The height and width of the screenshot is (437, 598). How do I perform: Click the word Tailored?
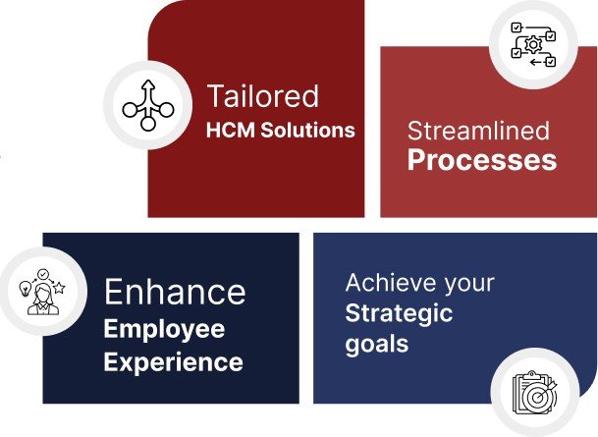263,96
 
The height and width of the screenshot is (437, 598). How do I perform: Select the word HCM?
231,130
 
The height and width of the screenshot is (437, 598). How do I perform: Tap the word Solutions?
307,130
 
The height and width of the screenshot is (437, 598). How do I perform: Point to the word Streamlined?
478,131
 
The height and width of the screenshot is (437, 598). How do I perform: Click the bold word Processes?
482,159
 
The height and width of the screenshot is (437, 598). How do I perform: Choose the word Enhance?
175,292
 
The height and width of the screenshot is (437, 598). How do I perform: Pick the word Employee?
164,330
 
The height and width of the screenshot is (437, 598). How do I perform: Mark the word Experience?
173,361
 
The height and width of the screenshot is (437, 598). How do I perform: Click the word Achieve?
390,283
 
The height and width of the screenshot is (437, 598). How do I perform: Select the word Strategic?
399,314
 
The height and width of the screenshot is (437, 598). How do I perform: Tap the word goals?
377,345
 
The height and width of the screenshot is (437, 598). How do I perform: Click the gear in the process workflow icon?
533,44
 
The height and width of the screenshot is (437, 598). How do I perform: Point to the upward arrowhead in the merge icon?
148,84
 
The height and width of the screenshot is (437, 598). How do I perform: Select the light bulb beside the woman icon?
26,289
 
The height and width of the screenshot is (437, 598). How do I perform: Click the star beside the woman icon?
59,288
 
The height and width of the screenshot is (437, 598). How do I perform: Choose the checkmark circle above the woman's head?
43,274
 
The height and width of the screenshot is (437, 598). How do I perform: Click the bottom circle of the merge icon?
148,124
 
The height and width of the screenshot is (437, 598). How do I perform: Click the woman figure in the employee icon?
43,300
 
